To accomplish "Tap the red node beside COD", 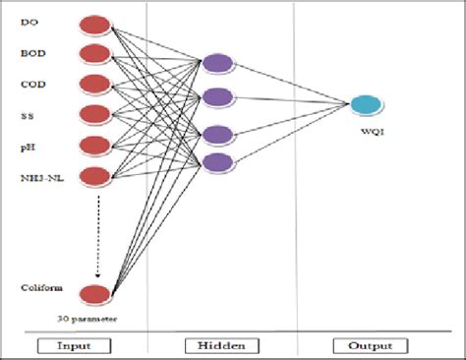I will point(94,84).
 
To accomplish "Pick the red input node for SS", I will point(94,114).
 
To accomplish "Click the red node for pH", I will point(94,146).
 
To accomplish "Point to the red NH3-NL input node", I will point(94,176).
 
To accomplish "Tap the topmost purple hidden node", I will point(217,64).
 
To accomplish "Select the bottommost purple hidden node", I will point(217,162).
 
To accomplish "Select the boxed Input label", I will point(74,346).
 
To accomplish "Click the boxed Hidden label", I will point(220,346).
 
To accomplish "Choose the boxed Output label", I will point(364,346).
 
